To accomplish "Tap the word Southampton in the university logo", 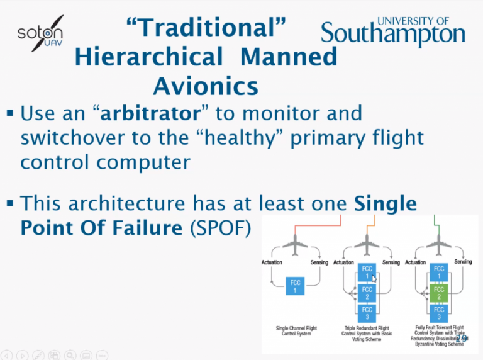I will (394, 35).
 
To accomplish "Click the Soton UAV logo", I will (42, 34).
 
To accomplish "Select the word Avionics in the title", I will (206, 84).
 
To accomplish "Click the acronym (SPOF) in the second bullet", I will (219, 227).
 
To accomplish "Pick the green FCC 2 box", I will (440, 293).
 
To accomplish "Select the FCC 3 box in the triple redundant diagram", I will (368, 313).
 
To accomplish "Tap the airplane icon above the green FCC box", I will (439, 242).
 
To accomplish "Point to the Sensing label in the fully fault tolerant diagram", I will (463, 261).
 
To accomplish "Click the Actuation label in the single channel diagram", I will (272, 262).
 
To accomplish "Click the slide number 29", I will (461, 339).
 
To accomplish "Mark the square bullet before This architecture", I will (10, 203).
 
